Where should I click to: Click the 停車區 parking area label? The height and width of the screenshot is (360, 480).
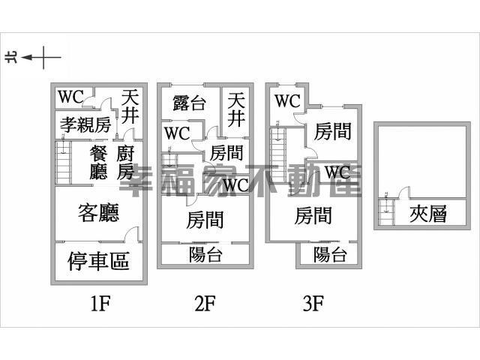[98, 261]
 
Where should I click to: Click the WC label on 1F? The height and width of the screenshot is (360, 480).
[70, 97]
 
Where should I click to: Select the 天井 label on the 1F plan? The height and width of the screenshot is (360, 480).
[130, 106]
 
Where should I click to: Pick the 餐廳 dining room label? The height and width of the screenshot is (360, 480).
[98, 163]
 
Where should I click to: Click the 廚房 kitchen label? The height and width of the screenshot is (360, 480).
[126, 163]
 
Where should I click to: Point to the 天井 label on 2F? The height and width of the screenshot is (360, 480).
[236, 109]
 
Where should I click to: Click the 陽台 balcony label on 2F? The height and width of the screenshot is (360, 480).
[205, 255]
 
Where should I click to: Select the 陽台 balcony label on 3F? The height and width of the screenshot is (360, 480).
[330, 255]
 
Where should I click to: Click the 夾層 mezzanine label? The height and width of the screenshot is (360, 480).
[428, 214]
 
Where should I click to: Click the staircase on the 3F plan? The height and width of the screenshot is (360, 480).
[280, 157]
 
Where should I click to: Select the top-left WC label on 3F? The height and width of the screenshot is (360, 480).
[286, 100]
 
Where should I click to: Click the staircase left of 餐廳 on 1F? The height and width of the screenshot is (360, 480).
[63, 163]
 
